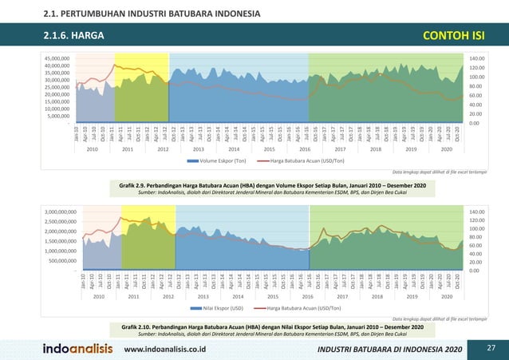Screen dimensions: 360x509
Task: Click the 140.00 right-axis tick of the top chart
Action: [476, 58]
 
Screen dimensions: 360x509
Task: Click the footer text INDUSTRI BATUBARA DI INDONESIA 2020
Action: [389, 350]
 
